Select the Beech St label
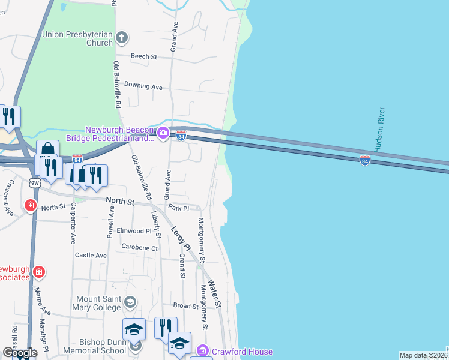pos(145,57)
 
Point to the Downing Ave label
pos(143,86)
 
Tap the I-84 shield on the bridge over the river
pos(364,160)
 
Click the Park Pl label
pos(178,208)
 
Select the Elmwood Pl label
pos(134,230)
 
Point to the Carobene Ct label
pos(139,247)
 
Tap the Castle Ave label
pos(91,255)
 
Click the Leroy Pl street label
pos(181,238)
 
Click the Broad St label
pos(186,306)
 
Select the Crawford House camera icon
pos(203,350)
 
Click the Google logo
pos(20,353)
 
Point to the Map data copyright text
pos(423,355)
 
